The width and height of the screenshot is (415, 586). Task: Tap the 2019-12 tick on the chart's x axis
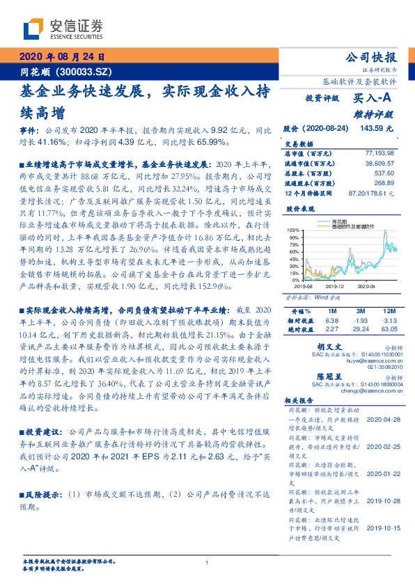click(x=336, y=285)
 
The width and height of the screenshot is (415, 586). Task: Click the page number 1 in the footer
click(x=207, y=563)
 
